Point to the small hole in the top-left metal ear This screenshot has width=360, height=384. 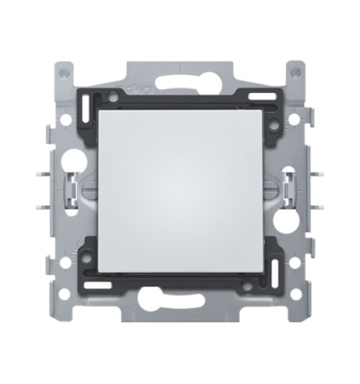(62, 70)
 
